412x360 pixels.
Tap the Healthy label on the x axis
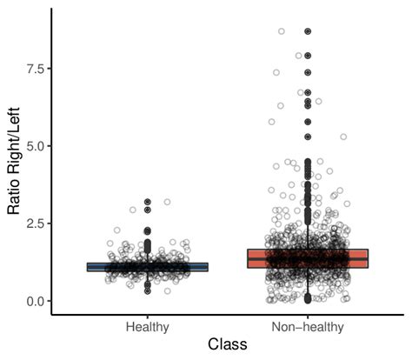[x=148, y=326]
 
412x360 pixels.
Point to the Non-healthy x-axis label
[x=308, y=326]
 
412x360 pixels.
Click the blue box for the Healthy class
[x=148, y=267]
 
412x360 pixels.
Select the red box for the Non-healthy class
[x=308, y=258]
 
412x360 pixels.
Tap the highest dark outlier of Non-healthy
[x=308, y=31]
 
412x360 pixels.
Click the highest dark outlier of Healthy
[x=148, y=202]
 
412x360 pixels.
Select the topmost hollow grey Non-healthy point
[x=281, y=31]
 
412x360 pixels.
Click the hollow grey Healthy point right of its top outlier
[x=167, y=202]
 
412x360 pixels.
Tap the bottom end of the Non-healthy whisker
[x=308, y=301]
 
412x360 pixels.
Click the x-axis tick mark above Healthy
[x=148, y=316]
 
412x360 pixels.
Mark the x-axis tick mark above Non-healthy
[x=308, y=316]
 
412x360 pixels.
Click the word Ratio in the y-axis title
[x=15, y=198]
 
